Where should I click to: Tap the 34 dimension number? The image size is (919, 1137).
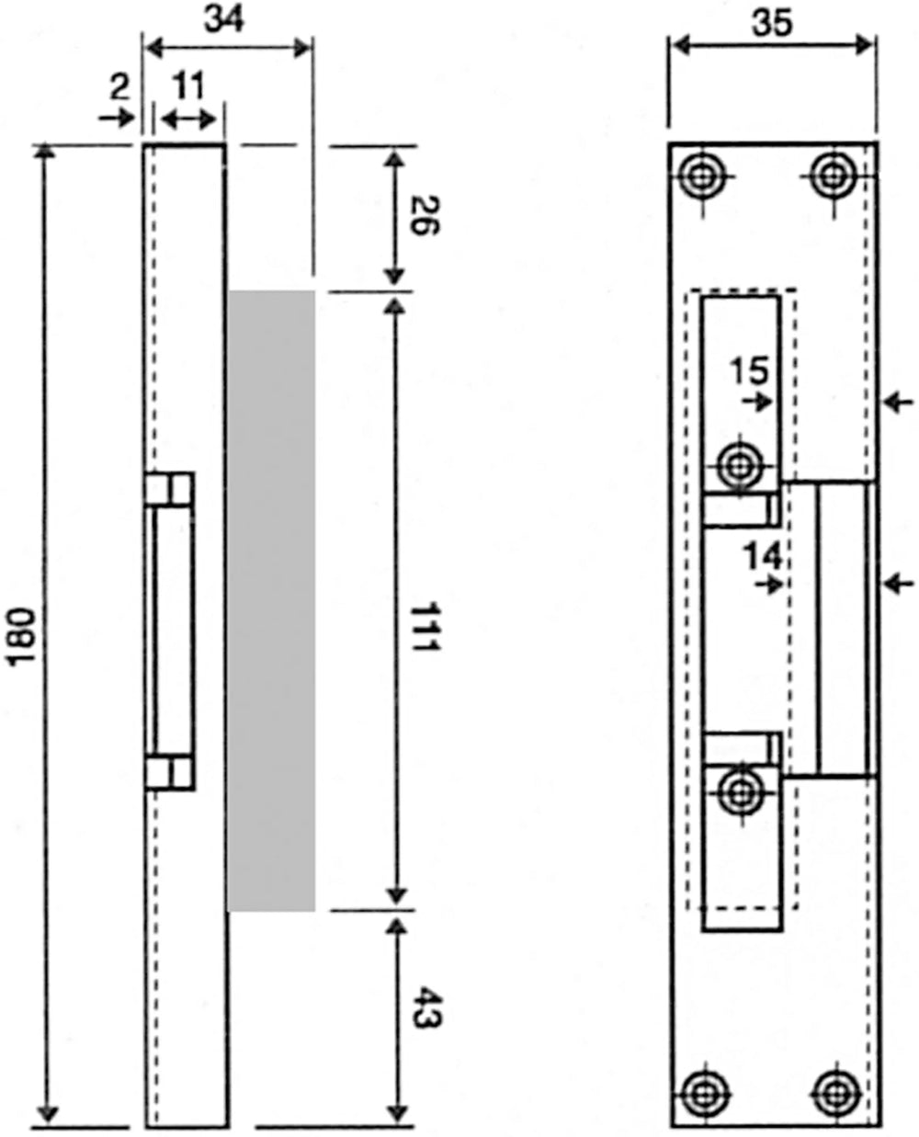tap(224, 20)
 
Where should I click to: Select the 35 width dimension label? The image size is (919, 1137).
tap(772, 24)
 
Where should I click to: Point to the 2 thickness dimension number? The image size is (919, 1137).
tap(120, 87)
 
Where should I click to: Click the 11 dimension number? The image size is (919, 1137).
tap(189, 86)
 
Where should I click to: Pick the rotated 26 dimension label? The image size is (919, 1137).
tap(425, 215)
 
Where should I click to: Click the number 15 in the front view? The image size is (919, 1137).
tap(749, 370)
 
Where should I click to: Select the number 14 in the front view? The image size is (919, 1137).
tap(763, 556)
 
